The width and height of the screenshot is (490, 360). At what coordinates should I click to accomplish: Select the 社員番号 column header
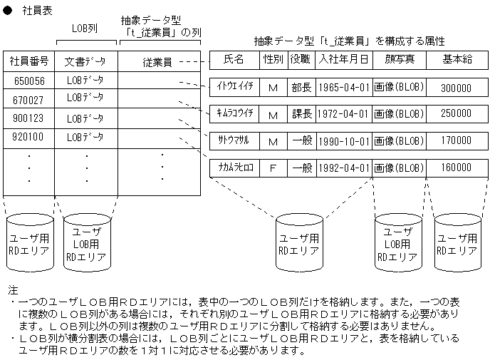tap(29, 62)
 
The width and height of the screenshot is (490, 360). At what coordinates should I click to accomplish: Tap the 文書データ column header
tap(85, 62)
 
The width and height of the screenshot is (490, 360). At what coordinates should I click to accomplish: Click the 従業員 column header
tap(157, 62)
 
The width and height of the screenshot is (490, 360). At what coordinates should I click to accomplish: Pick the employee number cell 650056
tap(29, 81)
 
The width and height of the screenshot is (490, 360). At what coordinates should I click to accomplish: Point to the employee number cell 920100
tap(29, 137)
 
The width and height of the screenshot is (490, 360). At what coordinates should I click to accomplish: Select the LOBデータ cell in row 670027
tap(85, 98)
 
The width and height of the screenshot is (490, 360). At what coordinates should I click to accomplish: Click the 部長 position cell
tap(301, 88)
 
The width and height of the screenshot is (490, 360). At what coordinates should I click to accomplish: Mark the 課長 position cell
tap(301, 113)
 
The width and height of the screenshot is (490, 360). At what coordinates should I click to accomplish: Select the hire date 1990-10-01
tap(343, 141)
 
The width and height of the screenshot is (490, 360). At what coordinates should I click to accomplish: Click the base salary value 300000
tap(456, 88)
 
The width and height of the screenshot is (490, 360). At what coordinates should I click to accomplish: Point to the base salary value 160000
tap(456, 168)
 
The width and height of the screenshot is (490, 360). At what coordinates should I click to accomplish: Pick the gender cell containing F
tap(272, 168)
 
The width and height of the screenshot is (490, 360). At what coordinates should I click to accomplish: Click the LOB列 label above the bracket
tap(85, 29)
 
